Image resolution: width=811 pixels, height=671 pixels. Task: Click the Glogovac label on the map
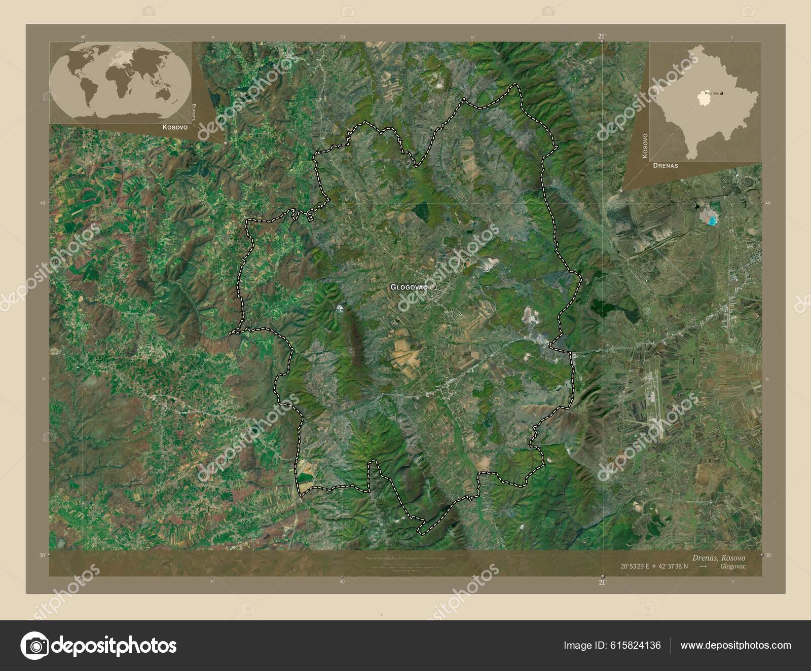(x=409, y=287)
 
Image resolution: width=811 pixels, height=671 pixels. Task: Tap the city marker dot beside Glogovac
(x=433, y=287)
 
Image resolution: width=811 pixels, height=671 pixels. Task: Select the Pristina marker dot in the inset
(x=722, y=93)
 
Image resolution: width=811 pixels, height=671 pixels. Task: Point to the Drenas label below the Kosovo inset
(x=666, y=166)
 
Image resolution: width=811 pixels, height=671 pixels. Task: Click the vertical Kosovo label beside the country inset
(x=645, y=146)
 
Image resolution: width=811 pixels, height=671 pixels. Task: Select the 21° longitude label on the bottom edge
(x=602, y=583)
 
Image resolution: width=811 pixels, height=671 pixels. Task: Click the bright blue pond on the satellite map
(x=713, y=220)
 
